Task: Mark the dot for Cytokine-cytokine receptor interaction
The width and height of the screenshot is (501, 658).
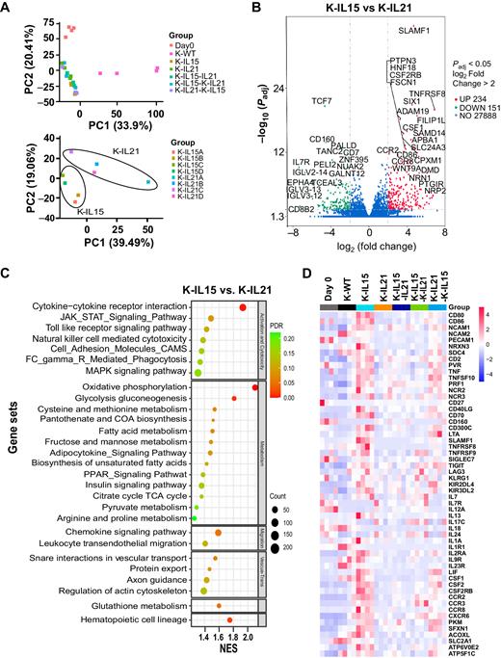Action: click(243, 306)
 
